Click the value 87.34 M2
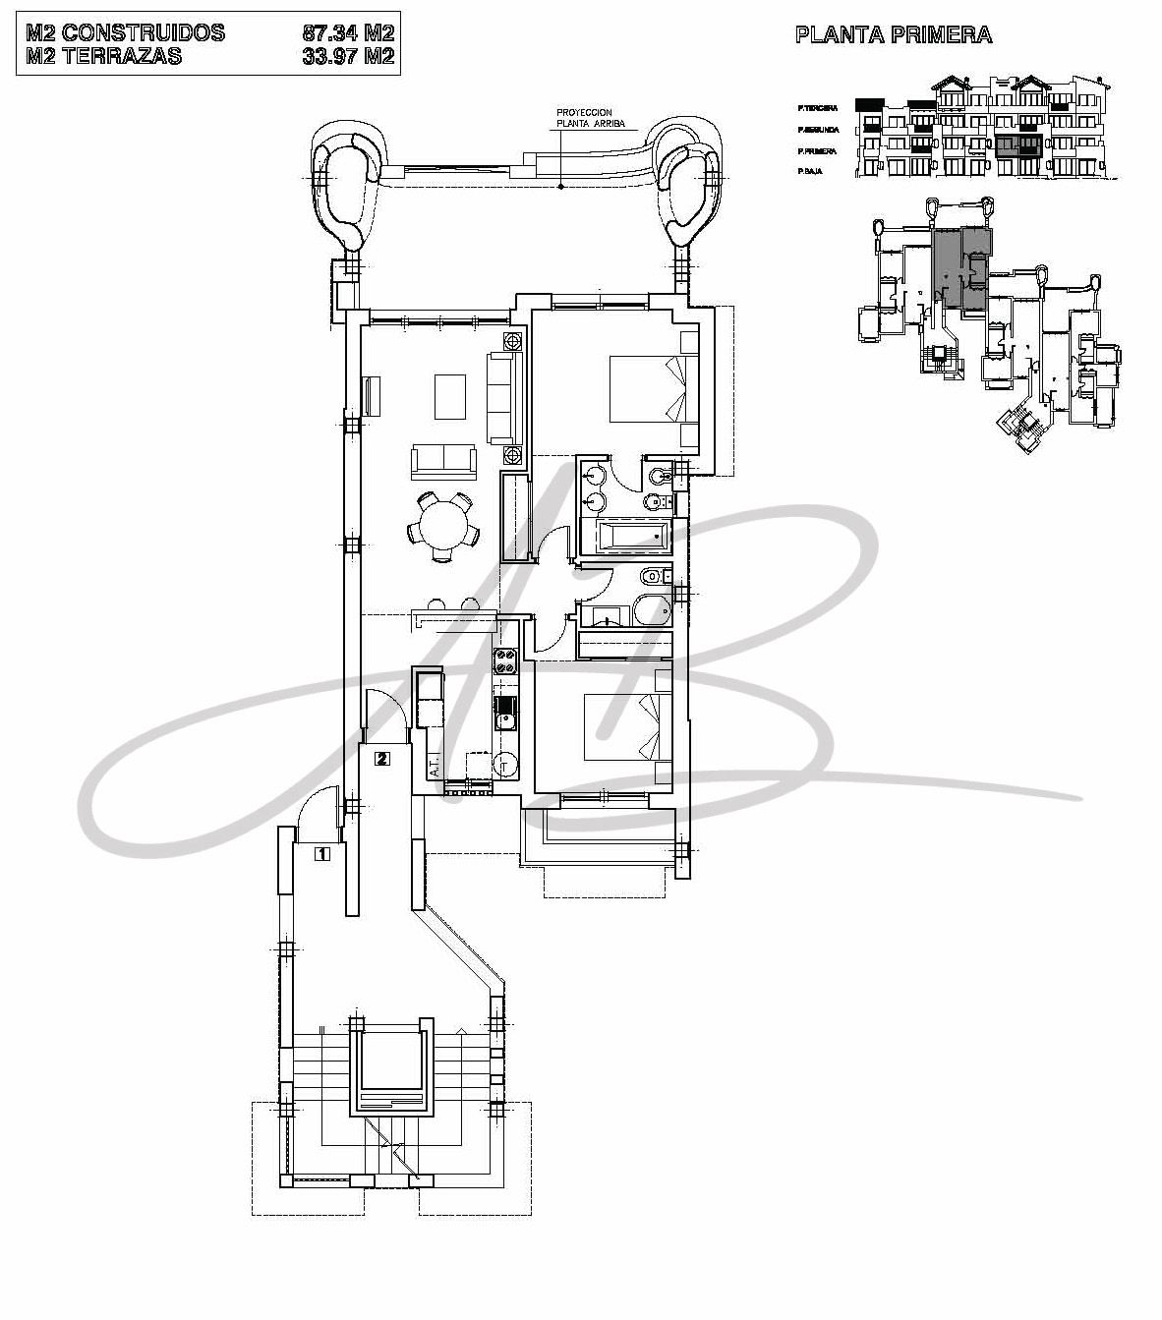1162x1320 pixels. [348, 33]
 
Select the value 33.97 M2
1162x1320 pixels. [348, 57]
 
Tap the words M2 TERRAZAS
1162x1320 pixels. [104, 57]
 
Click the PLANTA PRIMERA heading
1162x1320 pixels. [893, 36]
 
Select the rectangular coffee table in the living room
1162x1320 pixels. [451, 395]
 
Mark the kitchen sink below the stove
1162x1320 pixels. [505, 714]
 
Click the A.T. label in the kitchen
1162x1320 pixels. [433, 765]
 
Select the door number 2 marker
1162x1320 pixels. [382, 758]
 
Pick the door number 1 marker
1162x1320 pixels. [320, 854]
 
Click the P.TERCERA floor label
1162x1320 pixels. [817, 108]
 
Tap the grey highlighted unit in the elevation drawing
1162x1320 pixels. [1017, 148]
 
